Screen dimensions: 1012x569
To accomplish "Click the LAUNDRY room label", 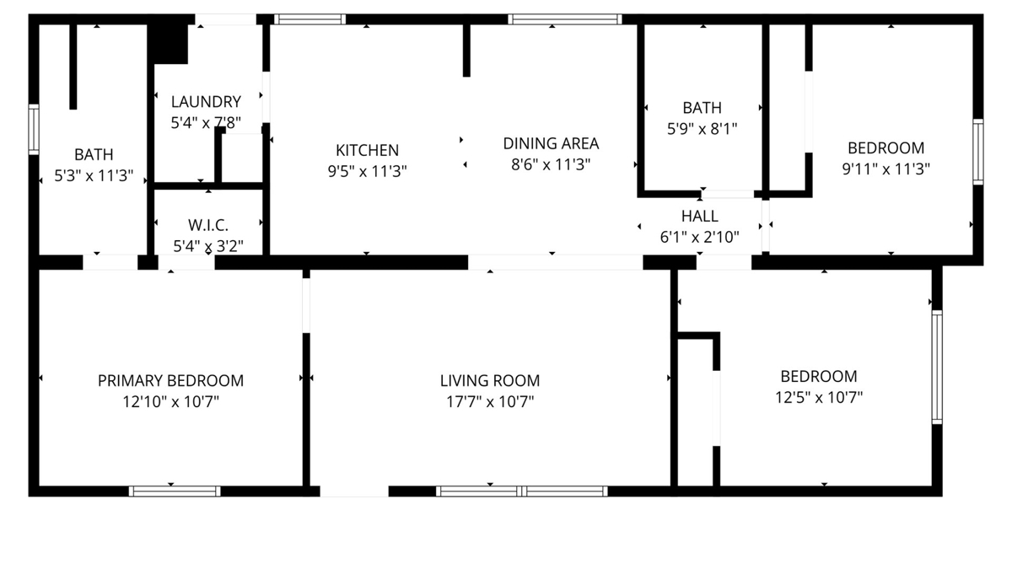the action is click(x=206, y=102).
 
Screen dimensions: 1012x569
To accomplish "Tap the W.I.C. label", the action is click(x=208, y=225).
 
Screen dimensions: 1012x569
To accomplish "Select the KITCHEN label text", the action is click(x=368, y=150).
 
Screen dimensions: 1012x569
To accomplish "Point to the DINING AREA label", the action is click(x=551, y=143).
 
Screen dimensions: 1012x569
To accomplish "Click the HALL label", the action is click(x=700, y=217).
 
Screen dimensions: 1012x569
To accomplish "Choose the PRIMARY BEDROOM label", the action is click(x=170, y=381).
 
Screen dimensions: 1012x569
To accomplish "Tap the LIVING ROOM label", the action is click(x=490, y=381).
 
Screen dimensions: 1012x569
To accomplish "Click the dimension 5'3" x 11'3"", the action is click(x=94, y=175).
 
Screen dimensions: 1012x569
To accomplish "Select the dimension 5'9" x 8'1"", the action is click(x=702, y=129).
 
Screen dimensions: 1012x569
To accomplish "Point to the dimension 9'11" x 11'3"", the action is click(x=886, y=169).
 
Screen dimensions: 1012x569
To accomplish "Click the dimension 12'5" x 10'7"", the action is click(x=819, y=397).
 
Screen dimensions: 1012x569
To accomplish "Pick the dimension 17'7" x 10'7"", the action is click(x=490, y=401).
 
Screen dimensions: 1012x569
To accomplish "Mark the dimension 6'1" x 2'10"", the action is click(x=700, y=237).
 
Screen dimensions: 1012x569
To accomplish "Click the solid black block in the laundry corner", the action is click(x=170, y=44).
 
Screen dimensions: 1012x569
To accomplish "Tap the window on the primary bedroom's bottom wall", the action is click(x=175, y=491).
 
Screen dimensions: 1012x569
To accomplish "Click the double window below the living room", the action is click(x=522, y=491).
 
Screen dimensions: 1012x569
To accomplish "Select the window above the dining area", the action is click(x=565, y=19).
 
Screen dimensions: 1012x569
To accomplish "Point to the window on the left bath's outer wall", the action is click(x=34, y=130).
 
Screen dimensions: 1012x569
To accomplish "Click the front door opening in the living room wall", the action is click(x=354, y=491).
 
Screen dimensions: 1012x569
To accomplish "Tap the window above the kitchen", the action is click(x=310, y=19).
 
